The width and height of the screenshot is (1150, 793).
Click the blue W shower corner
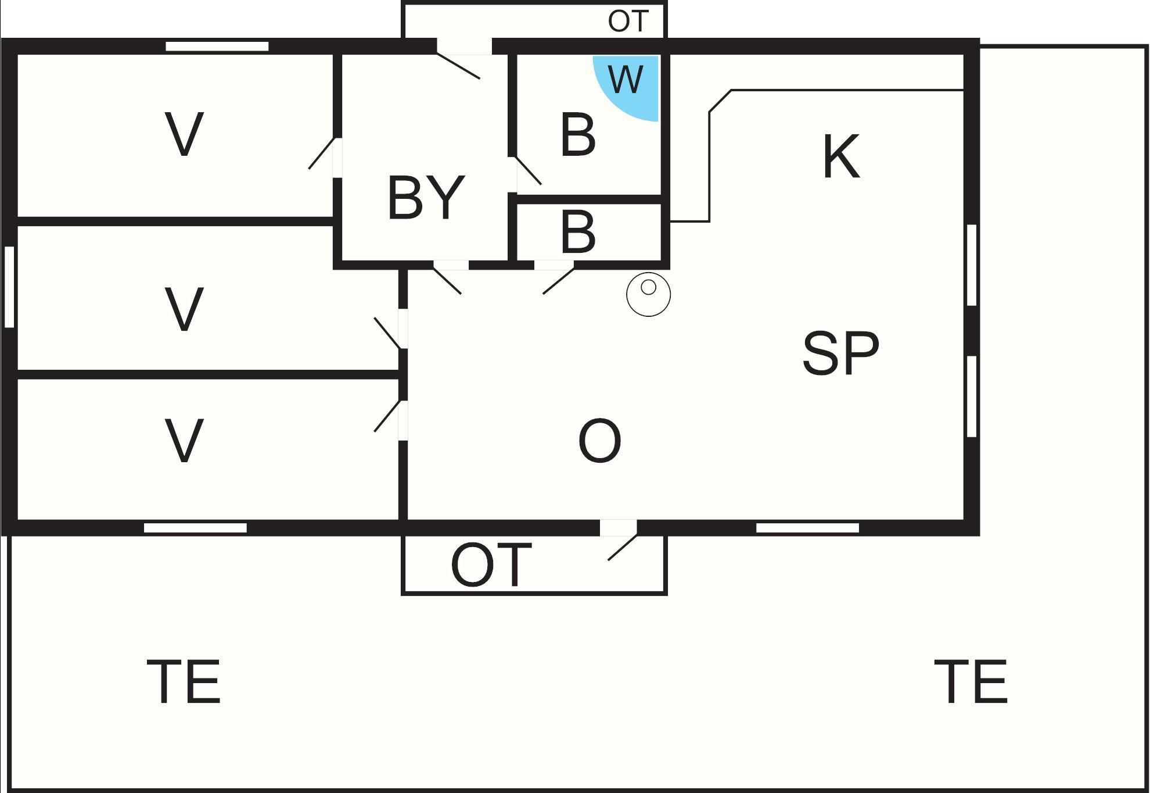(630, 84)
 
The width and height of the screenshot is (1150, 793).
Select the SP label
(840, 352)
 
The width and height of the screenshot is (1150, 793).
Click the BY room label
(426, 198)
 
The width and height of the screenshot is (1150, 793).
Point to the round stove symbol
(648, 294)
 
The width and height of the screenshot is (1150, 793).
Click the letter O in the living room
(599, 441)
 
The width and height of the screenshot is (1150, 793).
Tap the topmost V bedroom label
(184, 134)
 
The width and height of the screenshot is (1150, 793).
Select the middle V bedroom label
(184, 309)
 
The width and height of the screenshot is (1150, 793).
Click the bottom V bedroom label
(184, 441)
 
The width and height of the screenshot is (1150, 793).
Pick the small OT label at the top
(628, 22)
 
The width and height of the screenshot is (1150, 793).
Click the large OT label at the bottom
(491, 565)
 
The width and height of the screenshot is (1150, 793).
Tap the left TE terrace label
(184, 681)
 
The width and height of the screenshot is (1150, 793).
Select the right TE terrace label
(971, 681)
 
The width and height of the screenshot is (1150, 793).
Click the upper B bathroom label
(578, 135)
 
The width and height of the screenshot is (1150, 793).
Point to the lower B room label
(578, 232)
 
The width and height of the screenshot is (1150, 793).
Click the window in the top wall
(217, 47)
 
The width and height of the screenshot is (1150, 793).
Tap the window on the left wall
(9, 287)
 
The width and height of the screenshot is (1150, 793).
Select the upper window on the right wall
(972, 265)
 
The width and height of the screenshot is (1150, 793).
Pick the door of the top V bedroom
(322, 153)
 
